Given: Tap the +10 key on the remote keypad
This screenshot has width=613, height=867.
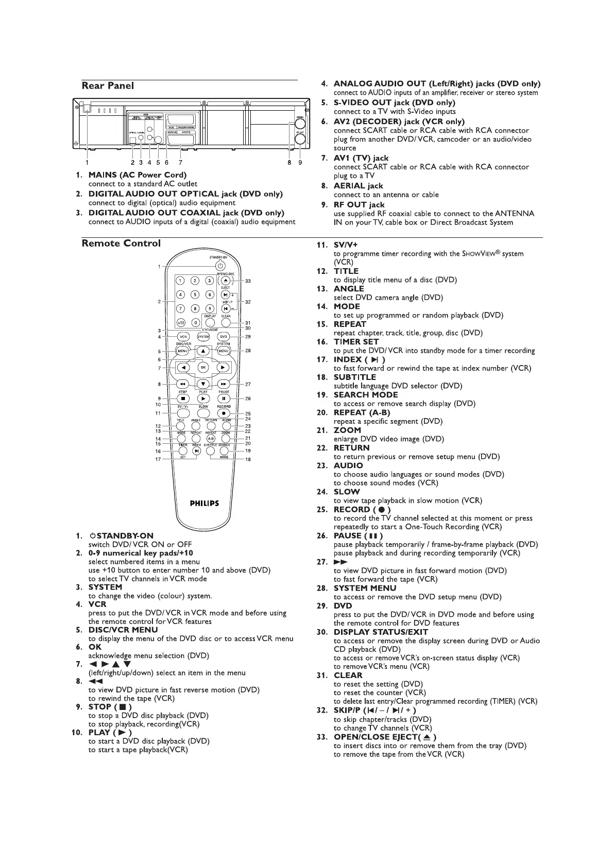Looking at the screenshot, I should [x=181, y=323].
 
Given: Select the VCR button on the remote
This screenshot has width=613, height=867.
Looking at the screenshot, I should [x=182, y=337].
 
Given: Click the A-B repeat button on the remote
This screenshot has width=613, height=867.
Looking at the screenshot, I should [x=211, y=439].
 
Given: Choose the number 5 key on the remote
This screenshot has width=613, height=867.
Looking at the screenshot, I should [x=195, y=294].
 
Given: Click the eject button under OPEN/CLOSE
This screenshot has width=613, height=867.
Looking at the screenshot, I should [x=226, y=281].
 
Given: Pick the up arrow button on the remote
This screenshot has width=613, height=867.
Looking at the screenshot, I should [x=203, y=351].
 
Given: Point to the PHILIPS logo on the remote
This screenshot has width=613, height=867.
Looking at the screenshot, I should [x=204, y=504].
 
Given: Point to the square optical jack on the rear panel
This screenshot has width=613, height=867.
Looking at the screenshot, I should [x=132, y=140].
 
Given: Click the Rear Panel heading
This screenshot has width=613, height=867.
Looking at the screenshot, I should [x=108, y=86].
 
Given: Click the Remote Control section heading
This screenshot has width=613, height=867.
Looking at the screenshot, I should [x=121, y=244].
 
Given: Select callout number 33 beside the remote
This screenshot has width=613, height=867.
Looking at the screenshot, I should [x=248, y=281].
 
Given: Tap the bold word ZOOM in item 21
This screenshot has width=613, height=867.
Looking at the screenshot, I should [x=347, y=430].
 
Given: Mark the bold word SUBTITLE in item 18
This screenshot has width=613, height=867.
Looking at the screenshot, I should [x=355, y=377].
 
